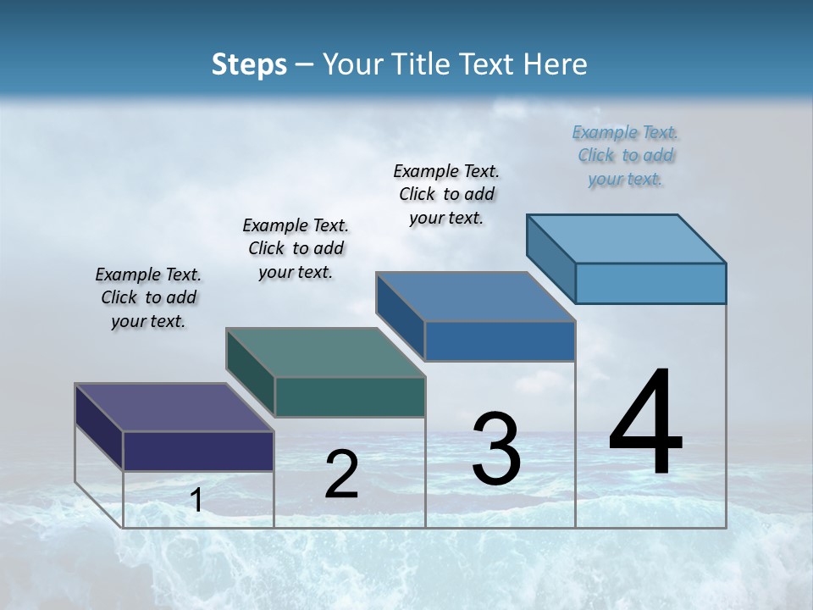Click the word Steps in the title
(x=249, y=64)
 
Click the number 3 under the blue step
(x=496, y=450)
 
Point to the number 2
(x=341, y=474)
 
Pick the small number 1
(x=196, y=501)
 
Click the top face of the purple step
(x=174, y=408)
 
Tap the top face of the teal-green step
(x=325, y=352)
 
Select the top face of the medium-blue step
(x=475, y=297)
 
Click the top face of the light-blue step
(x=626, y=238)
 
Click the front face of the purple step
(x=198, y=451)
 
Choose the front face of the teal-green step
(x=350, y=396)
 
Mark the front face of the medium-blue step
(x=500, y=341)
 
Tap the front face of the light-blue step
(x=650, y=283)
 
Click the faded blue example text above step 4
(x=625, y=155)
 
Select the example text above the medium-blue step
(x=446, y=194)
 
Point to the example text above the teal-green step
(x=296, y=248)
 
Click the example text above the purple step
(x=148, y=297)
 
